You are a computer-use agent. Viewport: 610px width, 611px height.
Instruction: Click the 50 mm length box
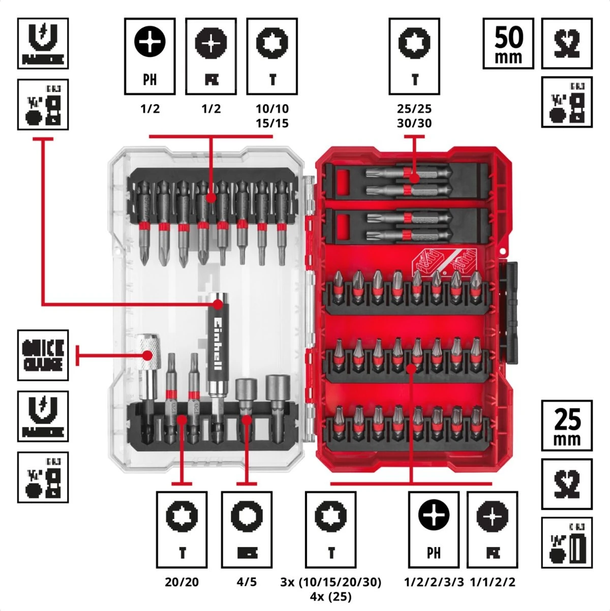(x=508, y=44)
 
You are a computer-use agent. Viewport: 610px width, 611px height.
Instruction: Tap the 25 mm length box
(x=566, y=425)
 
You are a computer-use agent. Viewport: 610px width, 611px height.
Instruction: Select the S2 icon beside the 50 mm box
(x=566, y=44)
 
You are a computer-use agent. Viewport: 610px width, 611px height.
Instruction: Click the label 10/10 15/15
(x=272, y=116)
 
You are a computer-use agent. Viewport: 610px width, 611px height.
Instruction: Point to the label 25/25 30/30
(x=414, y=116)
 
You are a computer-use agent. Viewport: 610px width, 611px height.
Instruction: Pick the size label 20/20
(x=181, y=582)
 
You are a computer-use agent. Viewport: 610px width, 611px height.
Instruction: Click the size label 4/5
(x=247, y=582)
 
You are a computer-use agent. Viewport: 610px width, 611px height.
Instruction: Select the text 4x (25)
(x=330, y=596)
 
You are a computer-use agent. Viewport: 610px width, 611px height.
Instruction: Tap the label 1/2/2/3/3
(x=434, y=582)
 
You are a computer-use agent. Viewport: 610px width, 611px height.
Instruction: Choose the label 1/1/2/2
(x=492, y=582)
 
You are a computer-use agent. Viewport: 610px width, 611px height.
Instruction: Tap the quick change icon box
(x=43, y=355)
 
